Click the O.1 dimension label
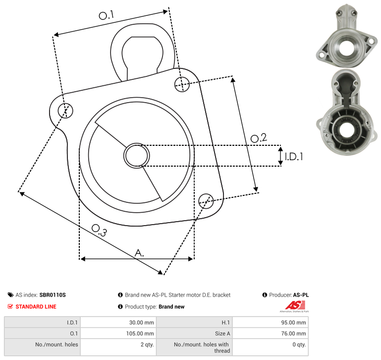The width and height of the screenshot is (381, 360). click(x=106, y=15)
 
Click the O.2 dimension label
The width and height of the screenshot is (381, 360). click(x=259, y=138)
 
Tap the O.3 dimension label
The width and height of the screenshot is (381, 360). click(x=99, y=230)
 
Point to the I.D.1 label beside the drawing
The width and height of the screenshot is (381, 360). click(x=294, y=157)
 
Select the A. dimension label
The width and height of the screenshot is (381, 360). click(x=139, y=253)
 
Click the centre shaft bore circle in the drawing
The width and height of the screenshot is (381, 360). click(x=137, y=156)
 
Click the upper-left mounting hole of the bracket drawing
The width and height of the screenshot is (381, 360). click(x=65, y=111)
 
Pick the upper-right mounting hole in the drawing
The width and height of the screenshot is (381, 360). click(x=182, y=84)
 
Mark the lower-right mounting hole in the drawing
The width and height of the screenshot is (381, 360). click(x=206, y=201)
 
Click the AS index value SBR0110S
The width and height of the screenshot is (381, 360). click(x=53, y=295)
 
